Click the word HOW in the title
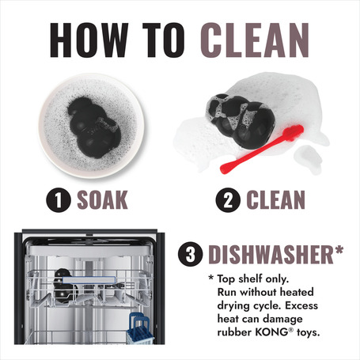point(89,40)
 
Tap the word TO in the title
point(164,40)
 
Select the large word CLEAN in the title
point(255,40)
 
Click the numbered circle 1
point(59,200)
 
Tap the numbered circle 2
point(228,200)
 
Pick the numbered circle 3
point(191,254)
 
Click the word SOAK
point(102,200)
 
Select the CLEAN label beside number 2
point(276,200)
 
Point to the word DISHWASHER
point(271,255)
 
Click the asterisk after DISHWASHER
point(339,250)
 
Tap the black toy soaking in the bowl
point(93,127)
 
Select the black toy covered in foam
point(240,120)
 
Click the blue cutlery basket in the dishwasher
point(140,328)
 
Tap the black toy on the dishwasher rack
point(65,286)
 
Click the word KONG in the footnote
point(271,332)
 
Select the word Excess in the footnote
point(301,305)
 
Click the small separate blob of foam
point(309,158)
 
